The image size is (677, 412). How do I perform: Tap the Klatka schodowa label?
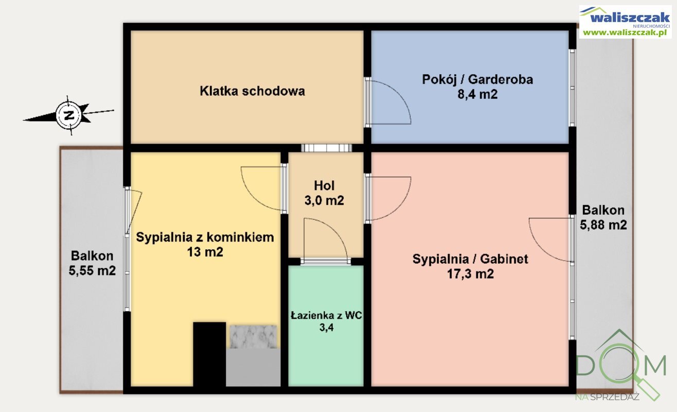point(252,91)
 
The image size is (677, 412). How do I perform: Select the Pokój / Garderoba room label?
point(477,79)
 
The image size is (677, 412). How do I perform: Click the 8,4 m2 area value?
point(477,94)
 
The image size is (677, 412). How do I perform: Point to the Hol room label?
point(324,185)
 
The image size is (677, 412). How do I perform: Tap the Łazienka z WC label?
point(326,314)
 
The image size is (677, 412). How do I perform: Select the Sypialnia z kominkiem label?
point(204,237)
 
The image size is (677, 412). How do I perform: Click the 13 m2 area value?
point(204,252)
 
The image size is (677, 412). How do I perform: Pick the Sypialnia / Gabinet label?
point(470,259)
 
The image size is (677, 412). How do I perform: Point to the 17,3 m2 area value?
point(470,274)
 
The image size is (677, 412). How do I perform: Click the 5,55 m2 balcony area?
point(92,270)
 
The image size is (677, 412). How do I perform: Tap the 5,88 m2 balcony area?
point(603,225)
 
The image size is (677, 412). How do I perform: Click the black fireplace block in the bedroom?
point(209,353)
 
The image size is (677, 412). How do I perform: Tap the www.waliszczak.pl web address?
point(625,32)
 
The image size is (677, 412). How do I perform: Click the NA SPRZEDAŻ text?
point(607,397)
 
